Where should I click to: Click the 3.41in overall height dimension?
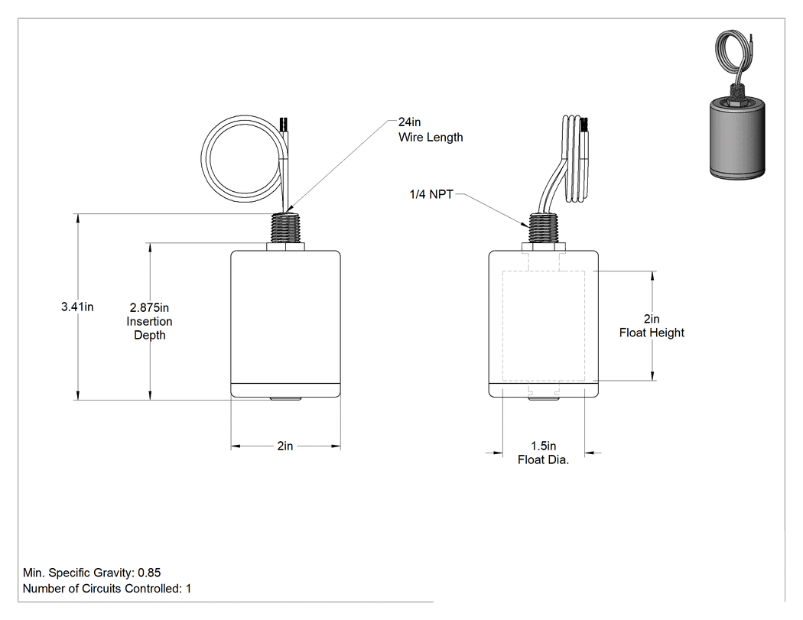coord(77,307)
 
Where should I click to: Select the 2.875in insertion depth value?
coord(149,307)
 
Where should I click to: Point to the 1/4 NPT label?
coord(431,194)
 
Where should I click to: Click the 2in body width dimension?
coord(285,446)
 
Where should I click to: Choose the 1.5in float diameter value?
coord(543,446)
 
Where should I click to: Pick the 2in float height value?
coord(652,319)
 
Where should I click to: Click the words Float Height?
coord(652,333)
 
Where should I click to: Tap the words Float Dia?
coord(543,459)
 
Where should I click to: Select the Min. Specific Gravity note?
coord(92,573)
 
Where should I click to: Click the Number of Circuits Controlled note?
coord(107,588)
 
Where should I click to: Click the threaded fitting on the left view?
coord(286,228)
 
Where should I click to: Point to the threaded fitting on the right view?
coord(543,228)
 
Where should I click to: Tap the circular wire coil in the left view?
coord(203,159)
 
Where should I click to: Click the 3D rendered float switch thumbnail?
coord(736,105)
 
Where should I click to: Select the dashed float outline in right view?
coord(503,326)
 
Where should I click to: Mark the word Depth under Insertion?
coord(150,336)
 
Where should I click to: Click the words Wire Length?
coord(431,137)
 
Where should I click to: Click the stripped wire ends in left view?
coord(283,124)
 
